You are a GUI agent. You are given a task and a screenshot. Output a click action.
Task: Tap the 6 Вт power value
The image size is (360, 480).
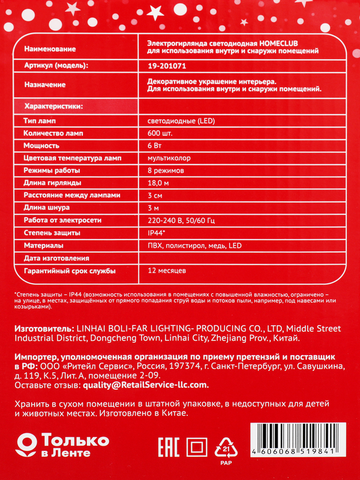tap(153, 146)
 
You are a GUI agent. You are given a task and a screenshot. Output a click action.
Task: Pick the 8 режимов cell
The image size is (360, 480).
tap(166, 171)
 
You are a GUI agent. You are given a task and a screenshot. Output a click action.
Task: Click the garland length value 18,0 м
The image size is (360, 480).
tap(158, 183)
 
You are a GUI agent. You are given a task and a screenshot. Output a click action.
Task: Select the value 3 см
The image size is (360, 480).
tap(154, 196)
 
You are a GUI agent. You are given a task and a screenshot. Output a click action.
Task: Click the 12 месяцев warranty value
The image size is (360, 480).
tap(166, 271)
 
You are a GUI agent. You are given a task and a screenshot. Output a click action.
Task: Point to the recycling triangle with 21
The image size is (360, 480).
tap(227, 448)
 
